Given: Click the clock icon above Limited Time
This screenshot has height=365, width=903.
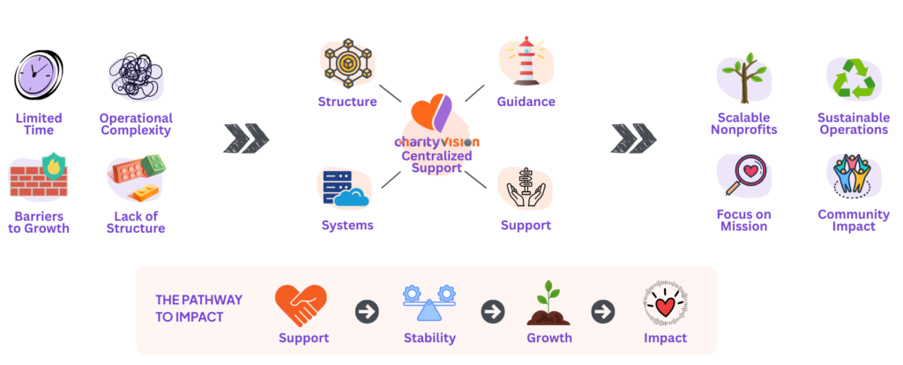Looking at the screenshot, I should pos(38,76).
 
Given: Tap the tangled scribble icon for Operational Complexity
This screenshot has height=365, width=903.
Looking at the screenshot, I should pos(135,78).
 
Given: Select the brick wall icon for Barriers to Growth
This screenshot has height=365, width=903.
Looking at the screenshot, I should pos(38,178).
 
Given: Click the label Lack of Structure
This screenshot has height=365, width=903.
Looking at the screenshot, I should pos(136,222).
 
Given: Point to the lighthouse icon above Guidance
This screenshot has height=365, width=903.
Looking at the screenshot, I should pos(526,61).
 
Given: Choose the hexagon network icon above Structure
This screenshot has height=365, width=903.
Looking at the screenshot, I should pos(347,63).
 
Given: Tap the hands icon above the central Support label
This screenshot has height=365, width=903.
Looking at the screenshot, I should pos(525,187).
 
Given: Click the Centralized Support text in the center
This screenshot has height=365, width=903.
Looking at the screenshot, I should pos(437,161).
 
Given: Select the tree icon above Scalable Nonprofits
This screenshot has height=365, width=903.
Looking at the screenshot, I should pos(743,78).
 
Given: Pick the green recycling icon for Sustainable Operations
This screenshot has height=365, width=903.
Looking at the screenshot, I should pos(853,78).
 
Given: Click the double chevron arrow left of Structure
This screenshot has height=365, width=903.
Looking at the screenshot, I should pos(246,138).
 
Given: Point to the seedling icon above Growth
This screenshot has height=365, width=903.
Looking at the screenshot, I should pos(549,304).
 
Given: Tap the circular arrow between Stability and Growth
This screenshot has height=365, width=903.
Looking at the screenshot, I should pos(492,311).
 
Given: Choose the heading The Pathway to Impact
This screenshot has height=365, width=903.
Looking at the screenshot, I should pos(198,308).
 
